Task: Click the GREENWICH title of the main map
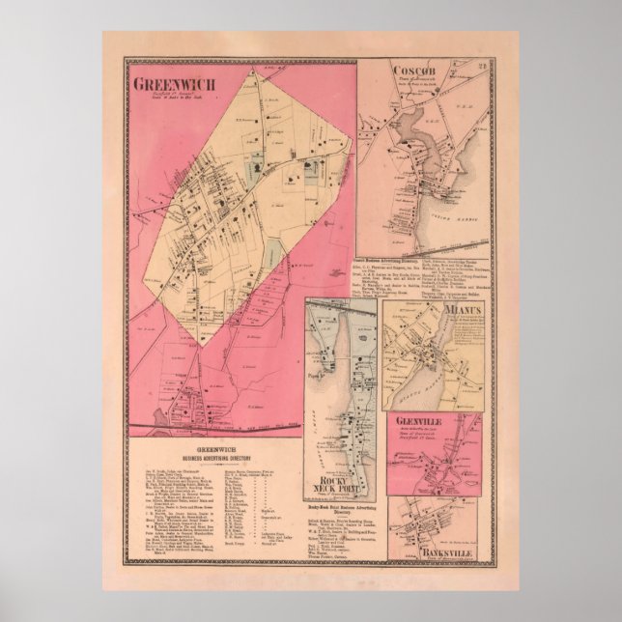pos(177,85)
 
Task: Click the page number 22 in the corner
pos(479,67)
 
